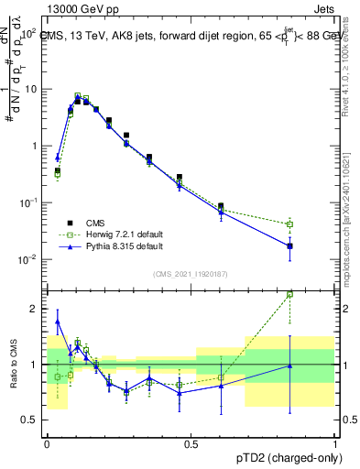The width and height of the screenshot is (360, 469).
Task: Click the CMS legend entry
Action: pyautogui.click(x=93, y=222)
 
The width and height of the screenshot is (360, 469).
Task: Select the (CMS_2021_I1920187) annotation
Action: pyautogui.click(x=190, y=274)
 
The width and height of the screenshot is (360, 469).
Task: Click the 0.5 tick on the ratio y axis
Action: pyautogui.click(x=32, y=420)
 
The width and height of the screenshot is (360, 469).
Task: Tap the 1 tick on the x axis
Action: pyautogui.click(x=335, y=442)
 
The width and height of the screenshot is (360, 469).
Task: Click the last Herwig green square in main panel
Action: pyautogui.click(x=290, y=224)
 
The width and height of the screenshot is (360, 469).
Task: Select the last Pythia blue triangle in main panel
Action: pyautogui.click(x=290, y=245)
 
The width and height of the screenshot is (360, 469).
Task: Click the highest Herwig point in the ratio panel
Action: pyautogui.click(x=290, y=294)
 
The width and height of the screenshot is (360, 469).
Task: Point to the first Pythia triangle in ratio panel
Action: pyautogui.click(x=58, y=322)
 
